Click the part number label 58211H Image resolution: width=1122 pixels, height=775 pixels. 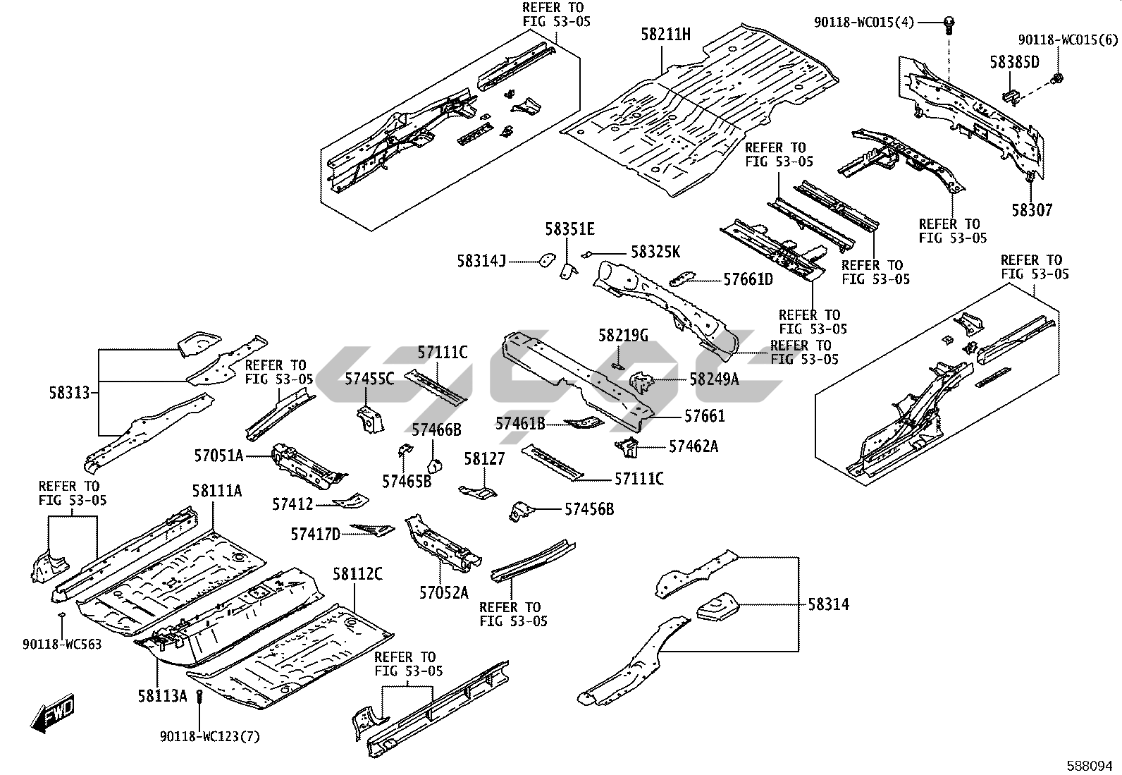665,32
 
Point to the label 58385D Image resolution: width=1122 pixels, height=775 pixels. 1014,62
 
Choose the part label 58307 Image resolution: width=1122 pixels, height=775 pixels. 1032,209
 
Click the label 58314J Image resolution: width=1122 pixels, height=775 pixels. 481,261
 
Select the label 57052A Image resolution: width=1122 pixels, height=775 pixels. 443,592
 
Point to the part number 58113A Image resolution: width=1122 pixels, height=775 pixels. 162,696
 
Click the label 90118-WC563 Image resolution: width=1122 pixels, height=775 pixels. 62,644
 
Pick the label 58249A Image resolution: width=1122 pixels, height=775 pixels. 714,379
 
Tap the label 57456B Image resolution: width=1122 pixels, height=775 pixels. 588,508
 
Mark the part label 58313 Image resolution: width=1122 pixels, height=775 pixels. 70,392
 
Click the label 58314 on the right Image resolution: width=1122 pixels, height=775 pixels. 828,604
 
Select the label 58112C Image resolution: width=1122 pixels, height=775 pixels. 357,574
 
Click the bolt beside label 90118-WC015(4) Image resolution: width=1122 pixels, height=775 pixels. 949,23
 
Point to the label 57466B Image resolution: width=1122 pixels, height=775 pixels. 436,429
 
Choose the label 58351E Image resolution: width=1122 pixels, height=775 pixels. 569,228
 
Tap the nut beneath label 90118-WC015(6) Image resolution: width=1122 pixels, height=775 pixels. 1057,77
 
